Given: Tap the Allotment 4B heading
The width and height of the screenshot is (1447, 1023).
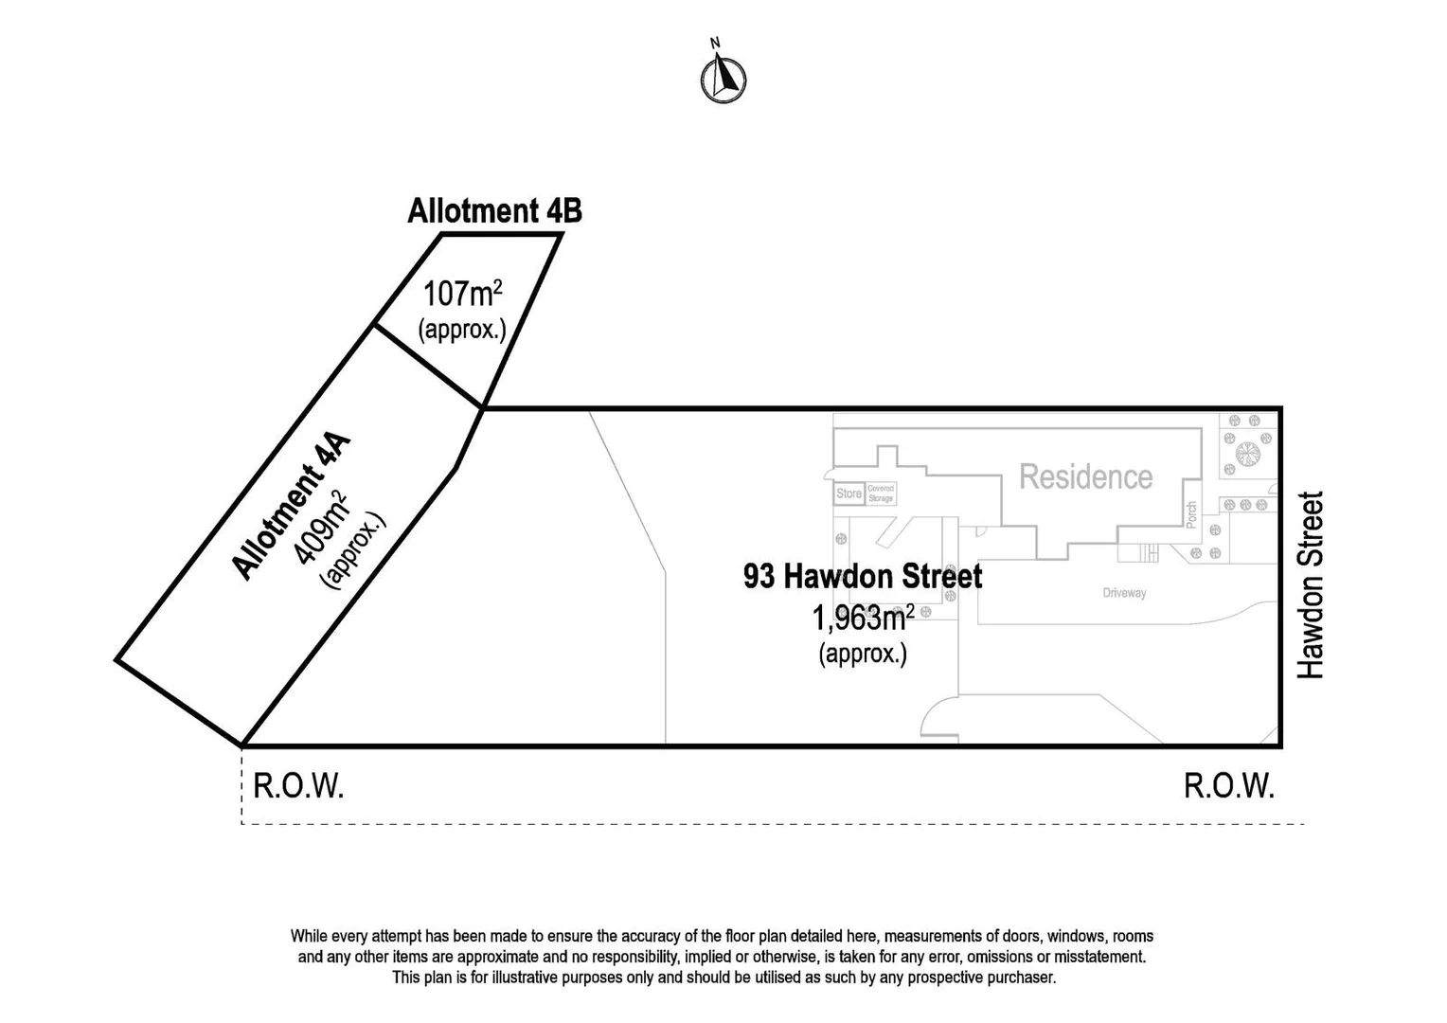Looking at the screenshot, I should pyautogui.click(x=494, y=210).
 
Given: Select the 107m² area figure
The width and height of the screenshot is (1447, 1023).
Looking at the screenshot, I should pyautogui.click(x=461, y=294).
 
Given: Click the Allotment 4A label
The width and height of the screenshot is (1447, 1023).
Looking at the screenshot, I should pyautogui.click(x=292, y=506).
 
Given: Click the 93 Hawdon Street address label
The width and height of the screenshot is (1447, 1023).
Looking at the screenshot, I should pyautogui.click(x=863, y=576).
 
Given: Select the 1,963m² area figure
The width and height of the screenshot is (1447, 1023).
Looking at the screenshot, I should pyautogui.click(x=863, y=619).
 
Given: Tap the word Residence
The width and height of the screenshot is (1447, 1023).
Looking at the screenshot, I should pyautogui.click(x=1085, y=476).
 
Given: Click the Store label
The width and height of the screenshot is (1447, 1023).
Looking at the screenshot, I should pyautogui.click(x=849, y=494).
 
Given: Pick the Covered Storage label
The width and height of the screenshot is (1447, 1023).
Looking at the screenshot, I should pyautogui.click(x=881, y=494).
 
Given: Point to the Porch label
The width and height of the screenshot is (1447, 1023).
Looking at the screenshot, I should pyautogui.click(x=1191, y=514).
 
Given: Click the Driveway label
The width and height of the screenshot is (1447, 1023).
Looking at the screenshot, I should pyautogui.click(x=1124, y=593).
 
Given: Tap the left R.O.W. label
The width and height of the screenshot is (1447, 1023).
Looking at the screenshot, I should pyautogui.click(x=298, y=786).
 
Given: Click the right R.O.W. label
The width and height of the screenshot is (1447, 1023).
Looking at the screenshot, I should pyautogui.click(x=1229, y=786).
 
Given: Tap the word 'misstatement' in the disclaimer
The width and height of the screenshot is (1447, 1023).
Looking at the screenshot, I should pyautogui.click(x=1099, y=957).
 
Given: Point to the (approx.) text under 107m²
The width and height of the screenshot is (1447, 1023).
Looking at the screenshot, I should pyautogui.click(x=462, y=330).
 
